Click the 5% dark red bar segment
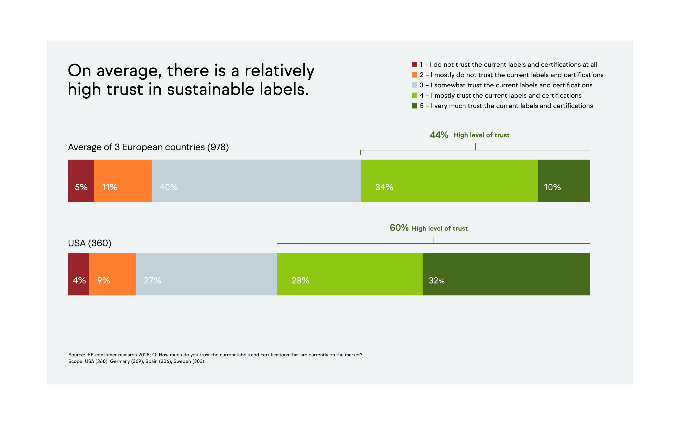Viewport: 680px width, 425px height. tap(81, 181)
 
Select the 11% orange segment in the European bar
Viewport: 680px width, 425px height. tap(123, 181)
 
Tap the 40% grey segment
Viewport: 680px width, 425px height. tap(256, 181)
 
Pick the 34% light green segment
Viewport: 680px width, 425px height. tap(449, 181)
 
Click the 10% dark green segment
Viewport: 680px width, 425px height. tap(563, 181)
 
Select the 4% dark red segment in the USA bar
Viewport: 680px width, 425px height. tap(79, 274)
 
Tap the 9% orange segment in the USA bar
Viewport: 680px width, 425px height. tap(113, 274)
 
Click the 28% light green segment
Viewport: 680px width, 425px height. tap(350, 274)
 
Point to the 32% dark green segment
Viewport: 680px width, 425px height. tap(506, 274)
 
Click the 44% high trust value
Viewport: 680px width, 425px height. tap(439, 135)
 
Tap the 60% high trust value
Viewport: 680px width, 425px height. tap(399, 228)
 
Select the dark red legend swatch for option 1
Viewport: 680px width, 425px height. tap(414, 64)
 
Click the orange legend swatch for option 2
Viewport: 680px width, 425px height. tap(414, 75)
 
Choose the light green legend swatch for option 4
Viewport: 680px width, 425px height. tap(414, 95)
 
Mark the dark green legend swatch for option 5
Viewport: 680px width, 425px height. tap(414, 106)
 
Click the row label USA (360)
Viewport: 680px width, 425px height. tap(90, 243)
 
